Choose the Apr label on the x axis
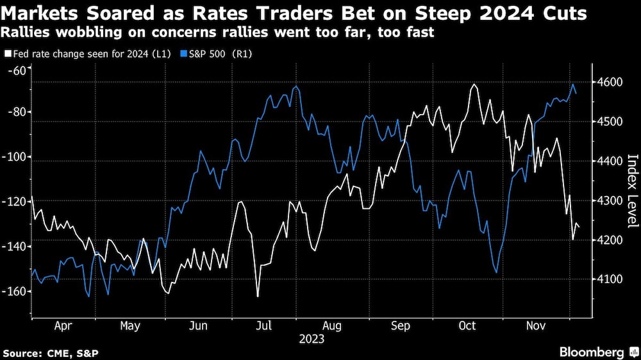pos(63,326)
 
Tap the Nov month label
pos(537,326)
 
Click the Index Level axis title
pos(632,191)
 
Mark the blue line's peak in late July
pos(295,86)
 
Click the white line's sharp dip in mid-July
pos(258,296)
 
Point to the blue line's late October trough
pos(496,272)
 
